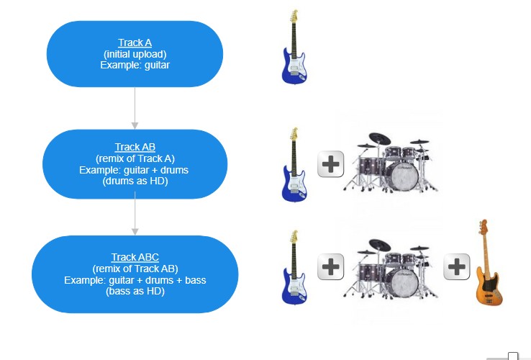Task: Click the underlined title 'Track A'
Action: [x=135, y=42]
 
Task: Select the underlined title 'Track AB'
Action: [x=135, y=147]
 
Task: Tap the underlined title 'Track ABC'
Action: [x=135, y=257]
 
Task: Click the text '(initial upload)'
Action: [x=135, y=54]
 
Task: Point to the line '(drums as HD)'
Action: [x=135, y=181]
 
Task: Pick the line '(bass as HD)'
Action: [x=135, y=291]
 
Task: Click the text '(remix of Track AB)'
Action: [x=135, y=269]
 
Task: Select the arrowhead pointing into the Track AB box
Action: [x=135, y=125]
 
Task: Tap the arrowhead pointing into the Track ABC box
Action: [x=135, y=232]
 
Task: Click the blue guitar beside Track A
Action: [x=294, y=47]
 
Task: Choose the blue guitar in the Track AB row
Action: [x=294, y=164]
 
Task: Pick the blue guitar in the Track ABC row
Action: [x=294, y=267]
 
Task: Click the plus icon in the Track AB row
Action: [x=330, y=164]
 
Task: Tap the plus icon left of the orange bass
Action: [x=457, y=267]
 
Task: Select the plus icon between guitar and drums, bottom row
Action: [x=330, y=267]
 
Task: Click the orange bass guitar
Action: [x=489, y=262]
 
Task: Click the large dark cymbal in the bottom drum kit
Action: [x=380, y=245]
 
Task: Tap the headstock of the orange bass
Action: [x=484, y=226]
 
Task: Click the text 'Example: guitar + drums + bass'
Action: [x=135, y=280]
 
